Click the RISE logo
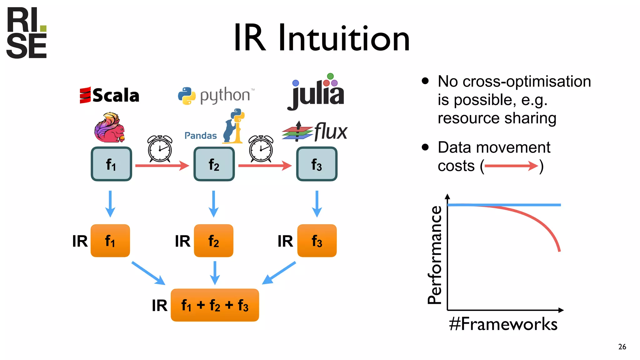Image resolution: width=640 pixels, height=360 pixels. click(x=27, y=33)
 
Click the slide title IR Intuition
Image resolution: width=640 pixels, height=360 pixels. click(x=322, y=38)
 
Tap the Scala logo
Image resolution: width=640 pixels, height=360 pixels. click(x=109, y=95)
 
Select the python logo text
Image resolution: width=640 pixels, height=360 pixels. click(x=225, y=95)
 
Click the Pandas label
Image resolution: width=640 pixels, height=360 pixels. click(x=200, y=136)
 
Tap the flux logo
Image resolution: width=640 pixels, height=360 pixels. click(x=315, y=131)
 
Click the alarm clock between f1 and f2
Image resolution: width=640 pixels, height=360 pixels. click(x=160, y=149)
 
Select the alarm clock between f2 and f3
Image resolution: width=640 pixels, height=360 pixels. click(x=261, y=149)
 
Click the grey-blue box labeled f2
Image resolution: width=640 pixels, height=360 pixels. click(x=214, y=164)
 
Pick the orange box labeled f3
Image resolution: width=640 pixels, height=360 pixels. click(x=317, y=241)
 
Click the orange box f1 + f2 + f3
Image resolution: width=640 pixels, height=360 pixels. click(x=215, y=305)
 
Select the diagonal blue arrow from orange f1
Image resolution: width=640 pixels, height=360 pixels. click(x=148, y=273)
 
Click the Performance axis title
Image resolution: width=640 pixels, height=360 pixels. click(x=435, y=255)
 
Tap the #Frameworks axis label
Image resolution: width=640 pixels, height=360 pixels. click(x=503, y=324)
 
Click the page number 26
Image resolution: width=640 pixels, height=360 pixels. click(x=622, y=347)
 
